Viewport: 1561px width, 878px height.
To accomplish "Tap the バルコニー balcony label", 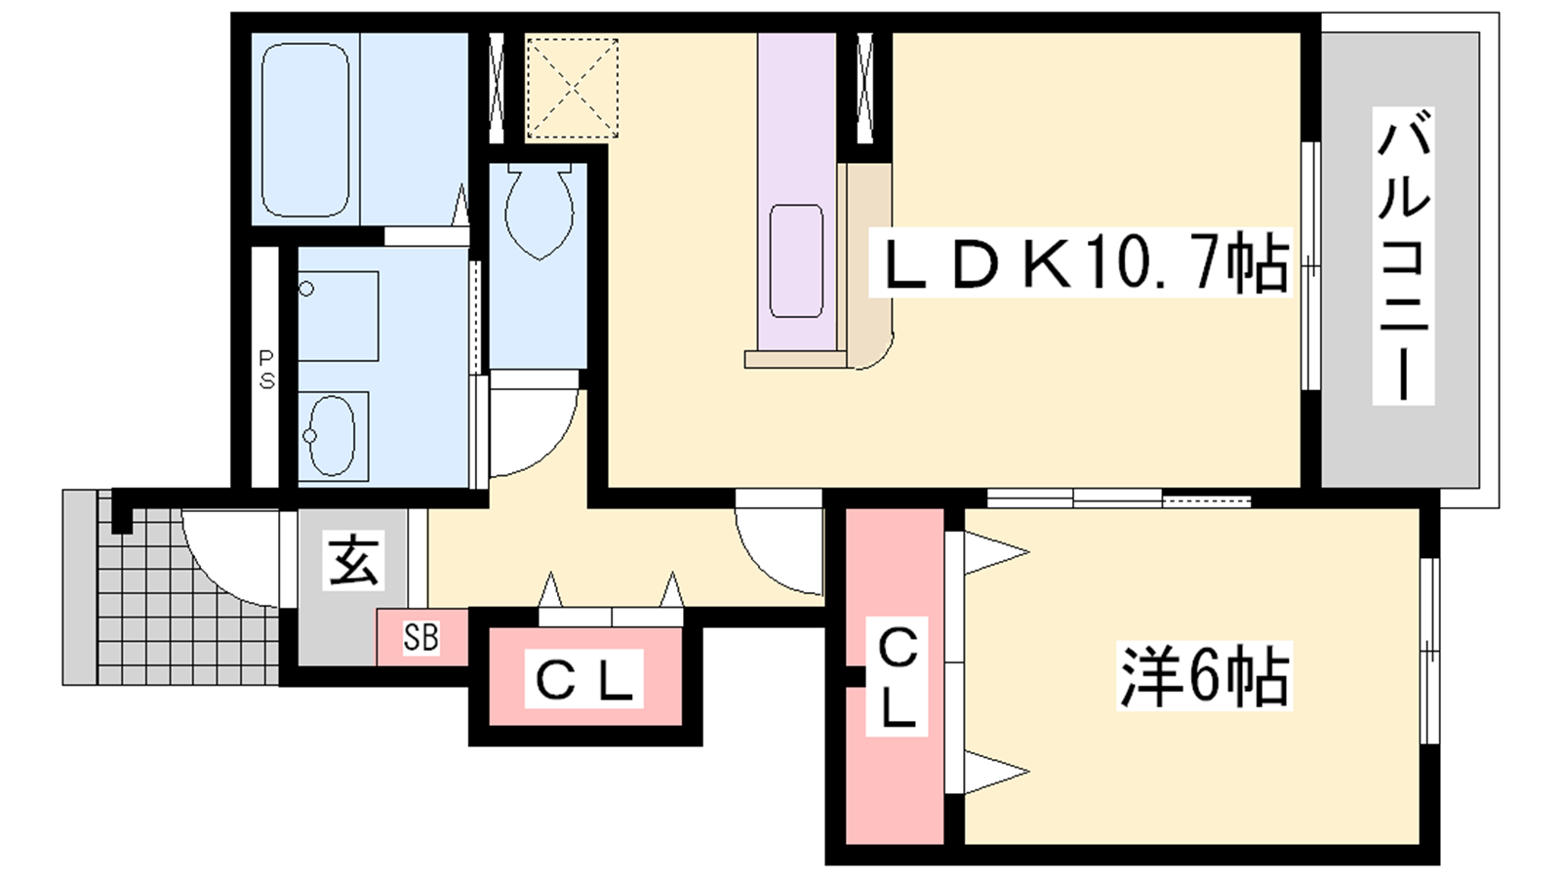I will point(1403,257).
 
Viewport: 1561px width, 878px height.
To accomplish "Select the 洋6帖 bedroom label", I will point(1204,675).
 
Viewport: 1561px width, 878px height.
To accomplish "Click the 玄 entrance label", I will point(353,561).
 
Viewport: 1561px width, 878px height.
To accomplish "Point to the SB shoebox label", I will point(421,638).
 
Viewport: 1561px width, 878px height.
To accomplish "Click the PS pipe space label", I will point(266,370).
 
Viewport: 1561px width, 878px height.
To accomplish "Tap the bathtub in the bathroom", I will point(305,131).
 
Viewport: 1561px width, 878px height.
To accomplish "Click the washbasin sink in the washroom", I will point(331,436).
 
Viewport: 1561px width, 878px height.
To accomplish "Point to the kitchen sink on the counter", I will point(796,260).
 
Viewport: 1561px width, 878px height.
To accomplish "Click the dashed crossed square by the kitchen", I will point(573,88).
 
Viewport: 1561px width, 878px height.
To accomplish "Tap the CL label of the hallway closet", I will point(583,679).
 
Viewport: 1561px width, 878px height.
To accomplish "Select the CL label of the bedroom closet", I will point(897,677).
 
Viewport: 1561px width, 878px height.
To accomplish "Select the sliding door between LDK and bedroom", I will point(1117,499).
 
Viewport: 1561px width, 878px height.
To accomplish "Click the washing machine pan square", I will point(338,316).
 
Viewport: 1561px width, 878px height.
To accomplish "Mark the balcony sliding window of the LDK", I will point(1311,265).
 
